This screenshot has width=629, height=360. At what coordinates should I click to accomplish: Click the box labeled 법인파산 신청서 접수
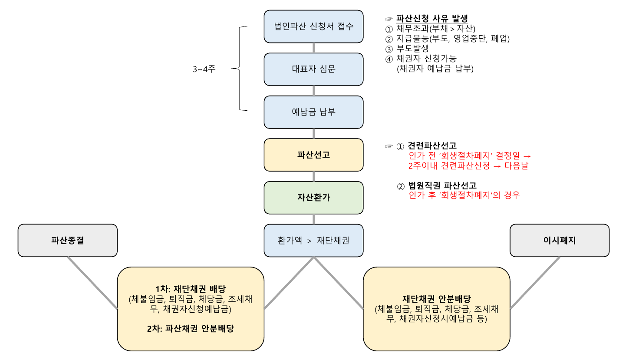[313, 26]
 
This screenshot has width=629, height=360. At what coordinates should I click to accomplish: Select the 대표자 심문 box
[313, 69]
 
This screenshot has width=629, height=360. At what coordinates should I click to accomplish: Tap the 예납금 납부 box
[313, 112]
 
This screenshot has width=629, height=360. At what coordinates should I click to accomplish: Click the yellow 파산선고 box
[313, 155]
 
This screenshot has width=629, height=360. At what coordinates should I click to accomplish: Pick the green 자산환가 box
[313, 197]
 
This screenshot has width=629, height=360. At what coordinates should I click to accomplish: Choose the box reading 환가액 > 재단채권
[313, 240]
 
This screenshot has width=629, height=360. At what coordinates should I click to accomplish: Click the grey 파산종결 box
[67, 240]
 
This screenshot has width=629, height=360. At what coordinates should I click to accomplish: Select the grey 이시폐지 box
[559, 240]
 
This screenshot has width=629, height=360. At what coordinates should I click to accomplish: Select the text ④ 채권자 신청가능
[421, 59]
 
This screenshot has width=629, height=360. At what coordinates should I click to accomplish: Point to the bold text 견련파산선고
[432, 146]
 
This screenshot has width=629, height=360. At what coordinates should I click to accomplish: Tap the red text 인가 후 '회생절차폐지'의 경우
[464, 195]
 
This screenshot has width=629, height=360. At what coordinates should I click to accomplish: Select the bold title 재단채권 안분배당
[436, 299]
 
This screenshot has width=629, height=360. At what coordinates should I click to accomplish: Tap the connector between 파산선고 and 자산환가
[313, 176]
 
